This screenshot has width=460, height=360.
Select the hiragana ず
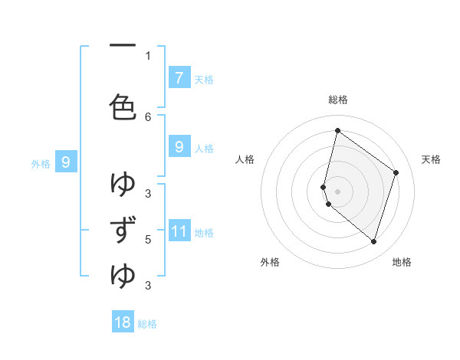pos(123,231)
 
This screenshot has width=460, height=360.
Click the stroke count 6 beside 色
pos(148,116)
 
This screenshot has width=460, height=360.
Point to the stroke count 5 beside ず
pos(148,239)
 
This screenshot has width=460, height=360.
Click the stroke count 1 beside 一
pos(148,55)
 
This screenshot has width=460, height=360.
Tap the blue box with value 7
pos(179,77)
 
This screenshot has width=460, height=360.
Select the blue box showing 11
pos(179,231)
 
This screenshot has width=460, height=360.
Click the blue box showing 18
pos(123,322)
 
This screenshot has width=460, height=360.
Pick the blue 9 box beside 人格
pos(179,146)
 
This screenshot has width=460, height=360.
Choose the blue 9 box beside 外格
pos(67,162)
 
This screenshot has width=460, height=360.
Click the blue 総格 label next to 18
pos(147,324)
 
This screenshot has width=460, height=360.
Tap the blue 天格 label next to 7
pos(204,79)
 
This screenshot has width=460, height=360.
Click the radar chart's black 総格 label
pos(338,100)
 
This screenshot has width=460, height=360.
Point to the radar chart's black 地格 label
pos(402,262)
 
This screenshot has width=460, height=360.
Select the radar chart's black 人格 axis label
pos(245,159)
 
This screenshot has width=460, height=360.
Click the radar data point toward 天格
pos(396,172)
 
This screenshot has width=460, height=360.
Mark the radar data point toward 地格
pos(373,241)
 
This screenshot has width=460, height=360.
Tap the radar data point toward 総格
pos(337,130)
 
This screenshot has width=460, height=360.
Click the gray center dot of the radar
pos(337,191)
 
